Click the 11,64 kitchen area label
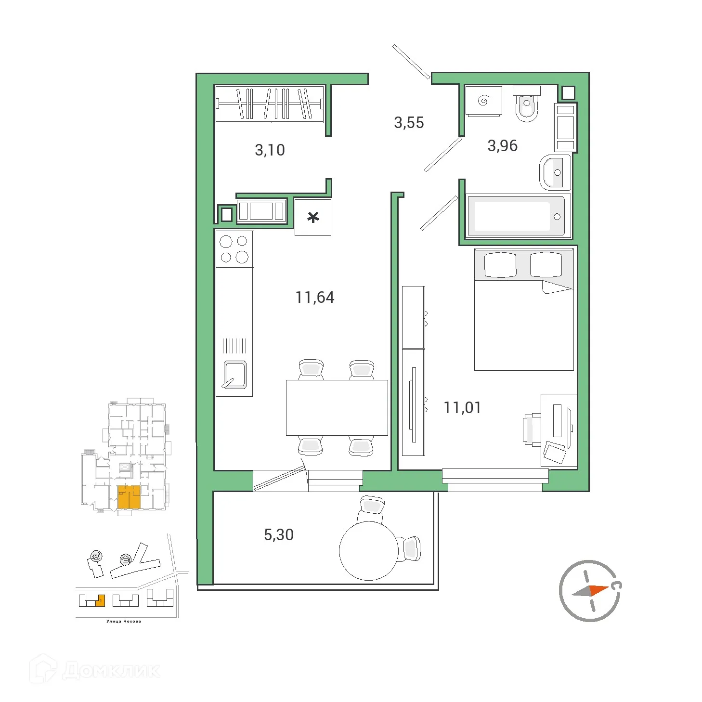pos(314,298)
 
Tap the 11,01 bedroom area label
pos(462,408)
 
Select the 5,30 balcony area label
pos(278,535)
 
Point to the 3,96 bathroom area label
pos(502,146)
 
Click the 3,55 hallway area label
pos(409,123)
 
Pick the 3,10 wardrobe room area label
pos(270,150)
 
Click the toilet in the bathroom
pos(527,104)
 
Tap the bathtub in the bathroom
pos(516,216)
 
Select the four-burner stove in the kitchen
pos(234,249)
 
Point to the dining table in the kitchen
pos(337,407)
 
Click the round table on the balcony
pos(368,550)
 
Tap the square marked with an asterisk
pos(313,218)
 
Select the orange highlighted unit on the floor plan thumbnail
pos(129,497)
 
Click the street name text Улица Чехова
pos(124,621)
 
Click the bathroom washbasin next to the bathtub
pos(554,172)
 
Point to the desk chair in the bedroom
pos(531,429)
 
